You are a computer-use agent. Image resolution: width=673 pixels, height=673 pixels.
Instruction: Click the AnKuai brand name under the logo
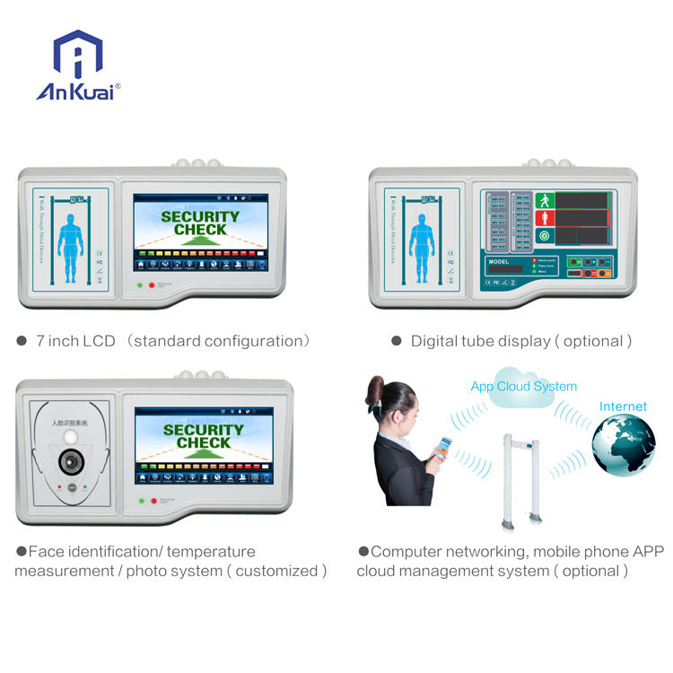point(75,92)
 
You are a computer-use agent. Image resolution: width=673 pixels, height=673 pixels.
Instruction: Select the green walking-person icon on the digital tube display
point(543,200)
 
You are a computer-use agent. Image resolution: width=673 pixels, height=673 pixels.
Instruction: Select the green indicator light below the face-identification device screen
point(141,500)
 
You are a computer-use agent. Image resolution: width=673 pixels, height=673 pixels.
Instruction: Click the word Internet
point(623,406)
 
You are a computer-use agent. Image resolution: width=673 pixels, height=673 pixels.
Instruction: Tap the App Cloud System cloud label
point(523,386)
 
